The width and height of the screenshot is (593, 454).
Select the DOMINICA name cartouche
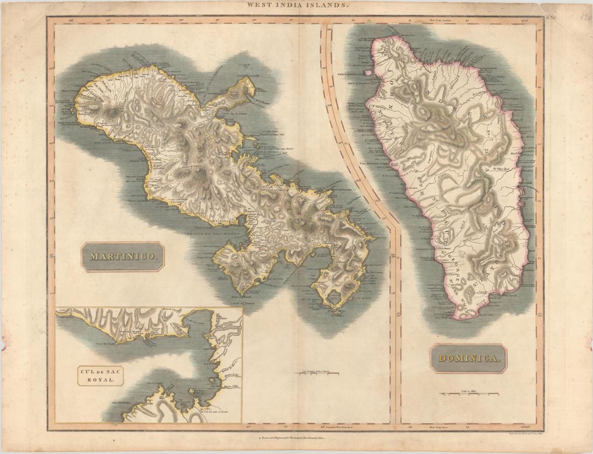pyautogui.click(x=468, y=359)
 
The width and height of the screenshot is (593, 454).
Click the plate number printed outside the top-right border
pyautogui.click(x=551, y=18)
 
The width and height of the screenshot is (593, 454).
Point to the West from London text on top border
pyautogui.click(x=439, y=20)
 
